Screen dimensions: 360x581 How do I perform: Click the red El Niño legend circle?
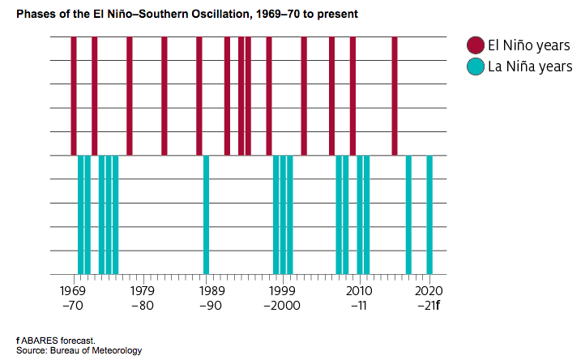tap(476, 45)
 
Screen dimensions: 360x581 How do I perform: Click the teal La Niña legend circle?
tap(476, 66)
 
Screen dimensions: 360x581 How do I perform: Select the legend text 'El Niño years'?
tap(530, 45)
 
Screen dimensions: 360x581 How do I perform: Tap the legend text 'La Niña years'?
tap(530, 66)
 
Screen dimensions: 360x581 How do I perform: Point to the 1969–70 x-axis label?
tap(73, 298)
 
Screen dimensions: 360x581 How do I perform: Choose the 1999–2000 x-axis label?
tap(281, 298)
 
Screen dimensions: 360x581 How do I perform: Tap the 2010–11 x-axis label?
tap(357, 298)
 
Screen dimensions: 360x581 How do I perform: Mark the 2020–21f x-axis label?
tap(428, 298)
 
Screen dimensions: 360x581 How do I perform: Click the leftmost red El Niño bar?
tap(74, 96)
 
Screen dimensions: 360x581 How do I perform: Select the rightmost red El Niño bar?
tap(395, 96)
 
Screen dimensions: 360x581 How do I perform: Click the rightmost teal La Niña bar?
tap(429, 215)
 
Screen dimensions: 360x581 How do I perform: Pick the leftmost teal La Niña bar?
tap(80, 215)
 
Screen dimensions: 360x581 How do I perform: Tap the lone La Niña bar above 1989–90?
tap(207, 215)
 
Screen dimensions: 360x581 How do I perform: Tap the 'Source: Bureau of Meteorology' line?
tap(78, 350)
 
